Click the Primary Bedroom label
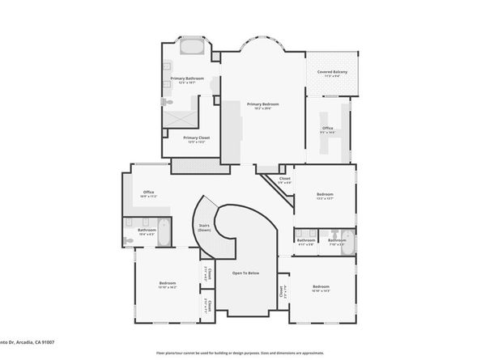263,104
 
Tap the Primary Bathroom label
187,78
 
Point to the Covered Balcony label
332,72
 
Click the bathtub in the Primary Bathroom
192,47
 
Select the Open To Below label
245,273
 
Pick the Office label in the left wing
149,193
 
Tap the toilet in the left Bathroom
130,239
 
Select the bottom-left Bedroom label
168,282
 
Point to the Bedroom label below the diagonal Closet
325,194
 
